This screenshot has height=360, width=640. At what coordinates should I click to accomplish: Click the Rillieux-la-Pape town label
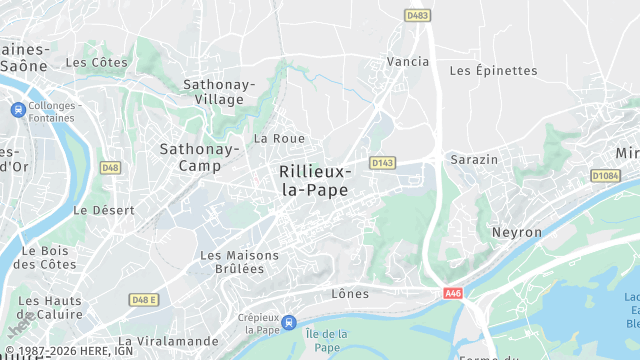click(314, 180)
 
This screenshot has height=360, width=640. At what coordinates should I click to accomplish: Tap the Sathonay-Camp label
click(199, 157)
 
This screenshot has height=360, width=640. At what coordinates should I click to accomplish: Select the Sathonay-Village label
click(219, 92)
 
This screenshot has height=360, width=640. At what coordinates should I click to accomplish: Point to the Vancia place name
click(408, 62)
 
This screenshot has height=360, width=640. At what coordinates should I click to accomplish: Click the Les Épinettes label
click(493, 71)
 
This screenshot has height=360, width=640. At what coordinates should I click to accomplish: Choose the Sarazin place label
click(474, 160)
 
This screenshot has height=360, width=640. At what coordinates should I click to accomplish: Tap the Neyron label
click(516, 232)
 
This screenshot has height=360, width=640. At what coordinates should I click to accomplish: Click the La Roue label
click(279, 138)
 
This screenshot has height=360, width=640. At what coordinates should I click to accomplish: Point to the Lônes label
click(350, 294)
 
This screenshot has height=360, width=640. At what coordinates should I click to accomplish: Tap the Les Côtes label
click(96, 62)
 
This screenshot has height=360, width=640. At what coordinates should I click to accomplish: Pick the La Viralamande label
click(167, 341)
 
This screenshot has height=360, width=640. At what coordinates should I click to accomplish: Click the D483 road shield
click(418, 15)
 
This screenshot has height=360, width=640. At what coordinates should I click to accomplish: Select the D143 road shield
click(382, 162)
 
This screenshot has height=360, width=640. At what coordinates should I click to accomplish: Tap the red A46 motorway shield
click(455, 293)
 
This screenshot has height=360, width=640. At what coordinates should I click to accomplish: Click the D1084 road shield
click(605, 175)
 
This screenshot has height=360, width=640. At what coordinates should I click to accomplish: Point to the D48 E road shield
click(145, 299)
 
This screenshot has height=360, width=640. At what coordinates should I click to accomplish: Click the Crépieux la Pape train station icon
click(289, 322)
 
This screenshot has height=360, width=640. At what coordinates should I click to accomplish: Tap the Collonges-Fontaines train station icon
click(18, 109)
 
